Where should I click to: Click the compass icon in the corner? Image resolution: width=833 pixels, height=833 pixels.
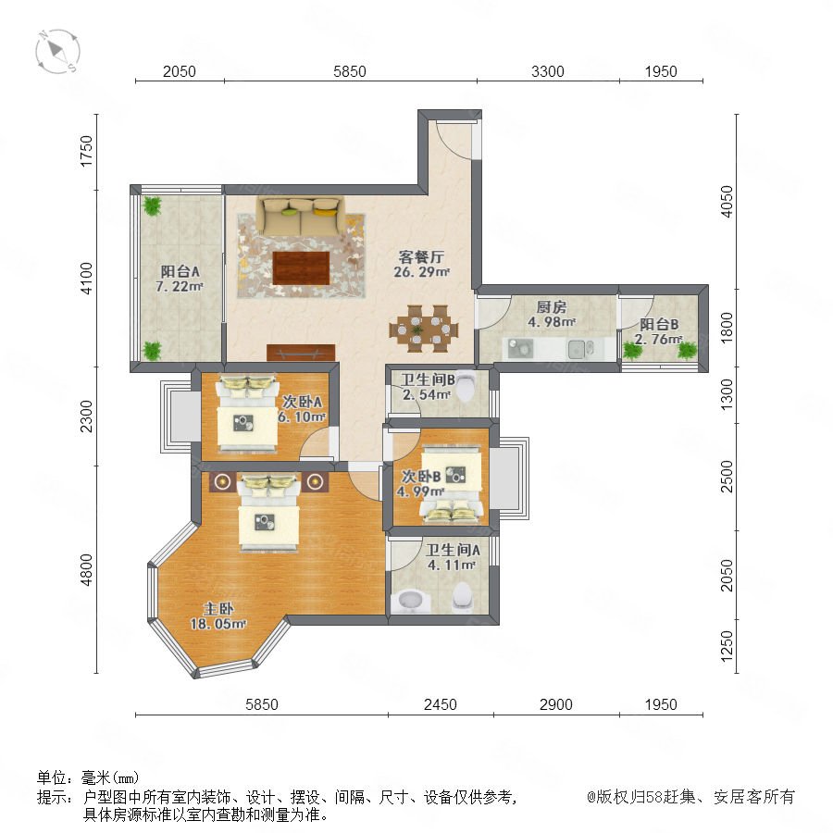(x=57, y=52)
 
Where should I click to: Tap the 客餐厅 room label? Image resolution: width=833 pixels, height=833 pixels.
(x=421, y=257)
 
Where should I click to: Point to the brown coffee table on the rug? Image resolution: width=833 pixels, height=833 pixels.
(x=301, y=268)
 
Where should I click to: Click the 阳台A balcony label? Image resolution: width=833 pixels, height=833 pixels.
(x=180, y=271)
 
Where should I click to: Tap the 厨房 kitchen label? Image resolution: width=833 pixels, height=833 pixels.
(x=552, y=306)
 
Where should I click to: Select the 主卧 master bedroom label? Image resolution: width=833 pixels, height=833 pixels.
(x=218, y=608)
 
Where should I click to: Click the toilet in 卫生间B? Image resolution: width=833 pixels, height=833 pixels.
(x=466, y=385)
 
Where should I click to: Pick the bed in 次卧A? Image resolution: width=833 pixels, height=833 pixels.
(x=246, y=414)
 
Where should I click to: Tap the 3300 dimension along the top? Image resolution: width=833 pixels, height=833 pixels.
(x=548, y=71)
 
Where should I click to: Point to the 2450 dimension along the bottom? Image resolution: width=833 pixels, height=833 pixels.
(x=440, y=704)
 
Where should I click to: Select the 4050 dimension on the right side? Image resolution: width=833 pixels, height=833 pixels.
(x=727, y=202)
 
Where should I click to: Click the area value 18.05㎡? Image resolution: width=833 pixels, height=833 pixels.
(x=218, y=624)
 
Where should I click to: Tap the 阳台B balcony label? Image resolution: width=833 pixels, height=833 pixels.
(x=659, y=324)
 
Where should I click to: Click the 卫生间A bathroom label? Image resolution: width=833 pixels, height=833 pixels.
(x=453, y=550)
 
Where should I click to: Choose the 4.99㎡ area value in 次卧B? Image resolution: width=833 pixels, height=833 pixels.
(x=420, y=491)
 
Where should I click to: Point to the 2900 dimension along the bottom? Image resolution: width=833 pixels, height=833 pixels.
(x=555, y=704)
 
